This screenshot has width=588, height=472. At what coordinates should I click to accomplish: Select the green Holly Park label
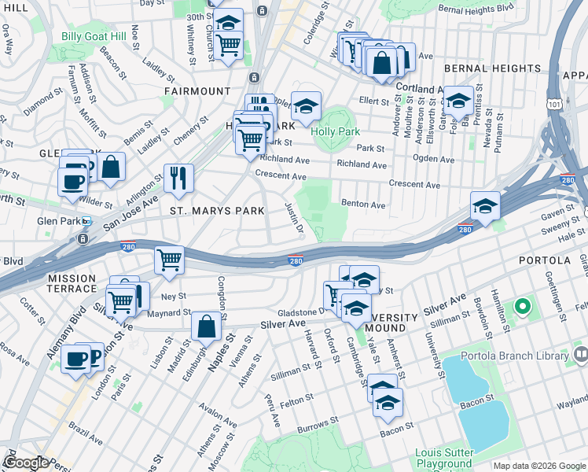point(335,131)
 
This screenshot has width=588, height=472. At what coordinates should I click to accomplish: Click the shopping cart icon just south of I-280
point(170,260)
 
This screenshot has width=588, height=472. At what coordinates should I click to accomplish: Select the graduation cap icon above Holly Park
point(306,105)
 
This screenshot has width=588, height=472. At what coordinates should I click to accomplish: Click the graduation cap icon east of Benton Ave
point(485,206)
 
